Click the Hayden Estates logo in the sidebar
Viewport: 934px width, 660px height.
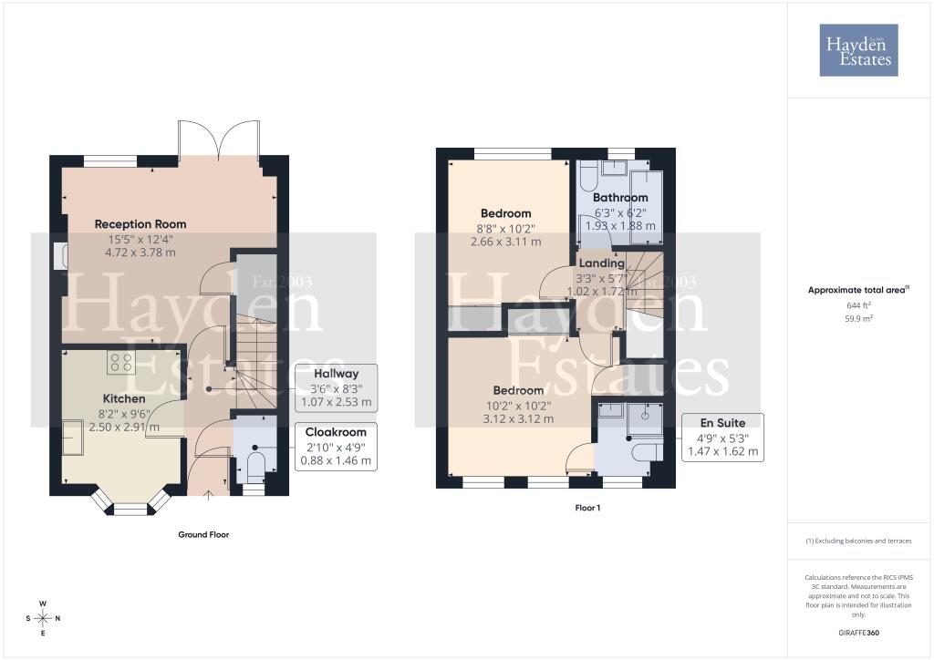click(x=858, y=50)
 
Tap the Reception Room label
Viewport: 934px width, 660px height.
click(x=140, y=224)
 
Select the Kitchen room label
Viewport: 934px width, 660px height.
click(x=124, y=398)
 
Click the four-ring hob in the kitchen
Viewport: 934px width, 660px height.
click(x=121, y=363)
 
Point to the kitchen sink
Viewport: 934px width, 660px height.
click(x=73, y=438)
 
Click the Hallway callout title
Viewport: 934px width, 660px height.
click(x=336, y=374)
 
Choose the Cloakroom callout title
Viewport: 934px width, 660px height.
click(x=336, y=432)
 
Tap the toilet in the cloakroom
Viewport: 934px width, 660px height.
click(x=255, y=467)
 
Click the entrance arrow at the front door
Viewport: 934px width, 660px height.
click(x=209, y=496)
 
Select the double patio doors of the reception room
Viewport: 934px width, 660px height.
click(x=219, y=141)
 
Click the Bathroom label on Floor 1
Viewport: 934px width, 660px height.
click(x=620, y=198)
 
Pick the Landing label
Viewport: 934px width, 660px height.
click(x=602, y=263)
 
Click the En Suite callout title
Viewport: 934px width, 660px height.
click(x=722, y=423)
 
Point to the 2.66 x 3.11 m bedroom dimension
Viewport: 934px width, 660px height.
click(x=505, y=242)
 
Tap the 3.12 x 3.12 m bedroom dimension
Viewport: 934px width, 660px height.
click(x=518, y=419)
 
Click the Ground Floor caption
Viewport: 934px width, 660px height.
click(x=203, y=534)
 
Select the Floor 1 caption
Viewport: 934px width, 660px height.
click(x=587, y=508)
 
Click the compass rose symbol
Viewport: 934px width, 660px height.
click(x=43, y=618)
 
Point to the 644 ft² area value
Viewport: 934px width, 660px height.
click(x=859, y=305)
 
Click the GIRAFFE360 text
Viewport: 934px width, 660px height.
click(x=858, y=633)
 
